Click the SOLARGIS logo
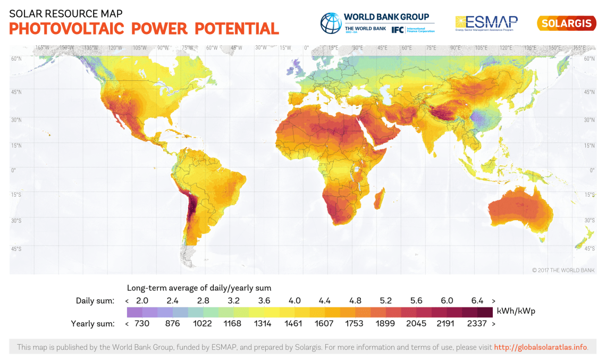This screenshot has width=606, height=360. (x=566, y=23)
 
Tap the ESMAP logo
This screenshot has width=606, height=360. (x=486, y=23)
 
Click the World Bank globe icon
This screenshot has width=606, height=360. (x=330, y=23)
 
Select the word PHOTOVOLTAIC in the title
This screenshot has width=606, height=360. (x=68, y=29)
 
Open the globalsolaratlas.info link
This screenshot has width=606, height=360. (x=541, y=347)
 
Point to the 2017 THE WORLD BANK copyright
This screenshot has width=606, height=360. (x=563, y=270)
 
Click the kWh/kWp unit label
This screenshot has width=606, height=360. (x=516, y=311)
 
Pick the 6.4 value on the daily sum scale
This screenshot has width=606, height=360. (x=477, y=301)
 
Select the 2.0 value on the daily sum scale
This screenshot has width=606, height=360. (x=142, y=301)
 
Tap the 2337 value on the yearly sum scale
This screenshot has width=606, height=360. (x=477, y=323)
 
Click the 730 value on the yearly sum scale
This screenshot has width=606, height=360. (x=142, y=323)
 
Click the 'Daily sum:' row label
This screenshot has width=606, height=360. (x=95, y=301)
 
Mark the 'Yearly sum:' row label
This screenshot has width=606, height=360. (x=92, y=323)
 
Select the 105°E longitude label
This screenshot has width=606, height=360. (x=481, y=48)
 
